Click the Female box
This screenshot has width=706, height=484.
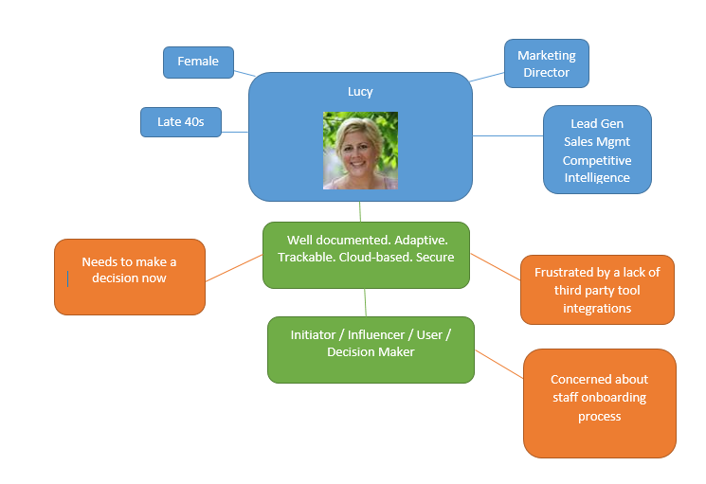click(198, 62)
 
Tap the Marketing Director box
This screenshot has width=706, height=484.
click(546, 63)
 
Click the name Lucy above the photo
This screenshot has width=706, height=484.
click(361, 92)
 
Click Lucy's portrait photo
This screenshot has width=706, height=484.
click(360, 150)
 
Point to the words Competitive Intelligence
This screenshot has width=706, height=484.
click(596, 169)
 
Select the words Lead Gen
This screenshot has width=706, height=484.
click(596, 124)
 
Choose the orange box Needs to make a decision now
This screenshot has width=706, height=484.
click(129, 270)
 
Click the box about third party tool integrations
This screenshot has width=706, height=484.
click(597, 290)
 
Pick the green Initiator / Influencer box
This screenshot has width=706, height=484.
click(371, 343)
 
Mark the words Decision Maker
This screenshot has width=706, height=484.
click(371, 352)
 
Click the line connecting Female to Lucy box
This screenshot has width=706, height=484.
click(244, 72)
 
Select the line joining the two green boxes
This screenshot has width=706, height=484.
click(365, 302)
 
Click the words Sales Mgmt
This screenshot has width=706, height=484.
click(596, 142)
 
